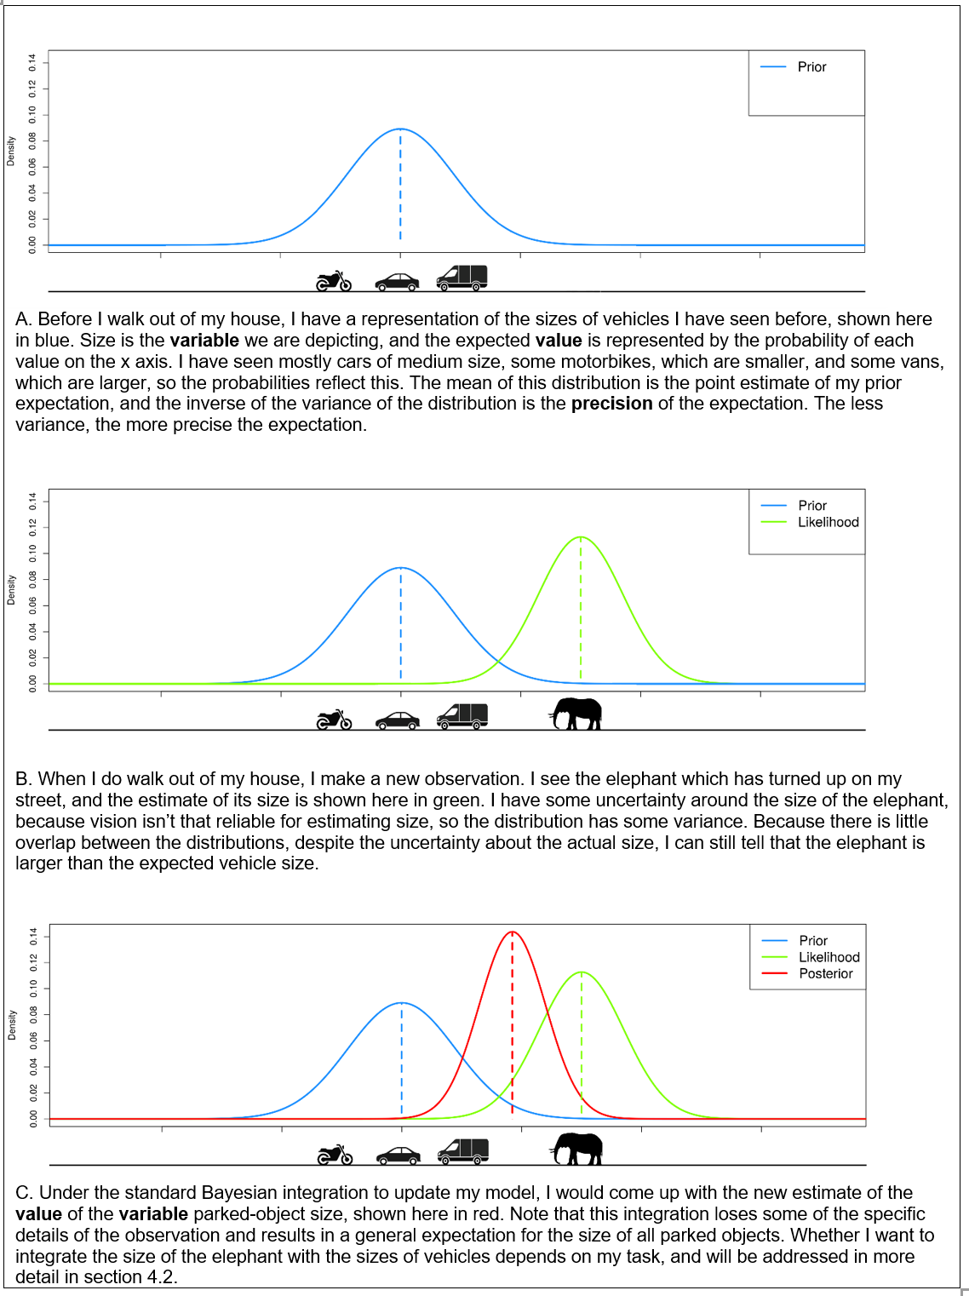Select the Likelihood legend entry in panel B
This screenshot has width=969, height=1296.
[x=810, y=522]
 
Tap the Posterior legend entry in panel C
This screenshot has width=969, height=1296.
[x=807, y=973]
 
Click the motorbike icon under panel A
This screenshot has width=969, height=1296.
[x=334, y=281]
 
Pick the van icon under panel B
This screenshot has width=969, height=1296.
[x=462, y=716]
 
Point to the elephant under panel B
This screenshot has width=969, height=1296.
[x=576, y=714]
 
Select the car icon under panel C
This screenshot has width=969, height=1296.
[x=398, y=1156]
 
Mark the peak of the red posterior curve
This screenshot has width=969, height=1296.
[x=513, y=932]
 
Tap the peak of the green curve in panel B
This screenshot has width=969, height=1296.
[x=581, y=536]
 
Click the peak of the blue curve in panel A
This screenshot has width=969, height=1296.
[x=400, y=129]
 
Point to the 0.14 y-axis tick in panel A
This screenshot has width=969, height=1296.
[x=32, y=62]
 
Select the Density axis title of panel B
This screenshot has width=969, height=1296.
[x=10, y=590]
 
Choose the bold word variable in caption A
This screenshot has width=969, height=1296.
[x=204, y=340]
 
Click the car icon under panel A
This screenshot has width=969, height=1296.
[x=397, y=282]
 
